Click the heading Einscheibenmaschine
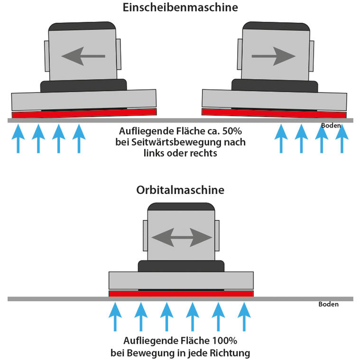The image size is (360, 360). (x=180, y=8)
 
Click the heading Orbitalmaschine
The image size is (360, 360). (x=180, y=190)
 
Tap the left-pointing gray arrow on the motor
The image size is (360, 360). (x=83, y=56)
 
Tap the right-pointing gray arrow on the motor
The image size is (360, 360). (x=274, y=56)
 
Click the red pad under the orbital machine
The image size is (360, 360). (x=181, y=294)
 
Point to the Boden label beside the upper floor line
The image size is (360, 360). (x=331, y=126)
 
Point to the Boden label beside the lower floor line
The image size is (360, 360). (x=328, y=305)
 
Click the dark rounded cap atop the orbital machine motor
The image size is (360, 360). (x=181, y=206)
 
